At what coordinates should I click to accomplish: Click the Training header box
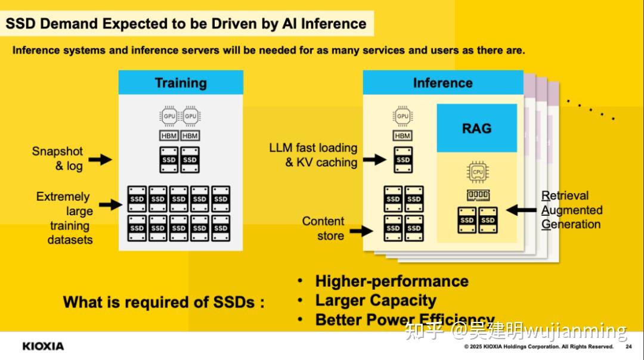(181, 82)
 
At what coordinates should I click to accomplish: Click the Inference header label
(442, 82)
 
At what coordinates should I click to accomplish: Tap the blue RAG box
(476, 128)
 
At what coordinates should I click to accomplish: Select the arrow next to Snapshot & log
(100, 159)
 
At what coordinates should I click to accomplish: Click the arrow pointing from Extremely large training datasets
(110, 205)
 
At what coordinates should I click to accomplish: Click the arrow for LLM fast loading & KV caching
(374, 159)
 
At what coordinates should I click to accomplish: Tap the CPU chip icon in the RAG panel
(478, 172)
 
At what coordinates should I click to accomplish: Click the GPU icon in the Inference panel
(403, 116)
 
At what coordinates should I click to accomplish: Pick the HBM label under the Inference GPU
(403, 136)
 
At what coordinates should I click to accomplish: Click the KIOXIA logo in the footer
(43, 346)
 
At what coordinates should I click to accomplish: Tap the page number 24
(628, 347)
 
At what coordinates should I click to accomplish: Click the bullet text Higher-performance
(392, 281)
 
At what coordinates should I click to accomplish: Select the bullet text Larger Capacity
(376, 300)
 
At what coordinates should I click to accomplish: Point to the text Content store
(323, 228)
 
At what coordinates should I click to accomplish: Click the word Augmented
(572, 210)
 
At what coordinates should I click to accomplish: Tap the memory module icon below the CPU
(478, 195)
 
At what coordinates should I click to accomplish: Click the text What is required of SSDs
(163, 302)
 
